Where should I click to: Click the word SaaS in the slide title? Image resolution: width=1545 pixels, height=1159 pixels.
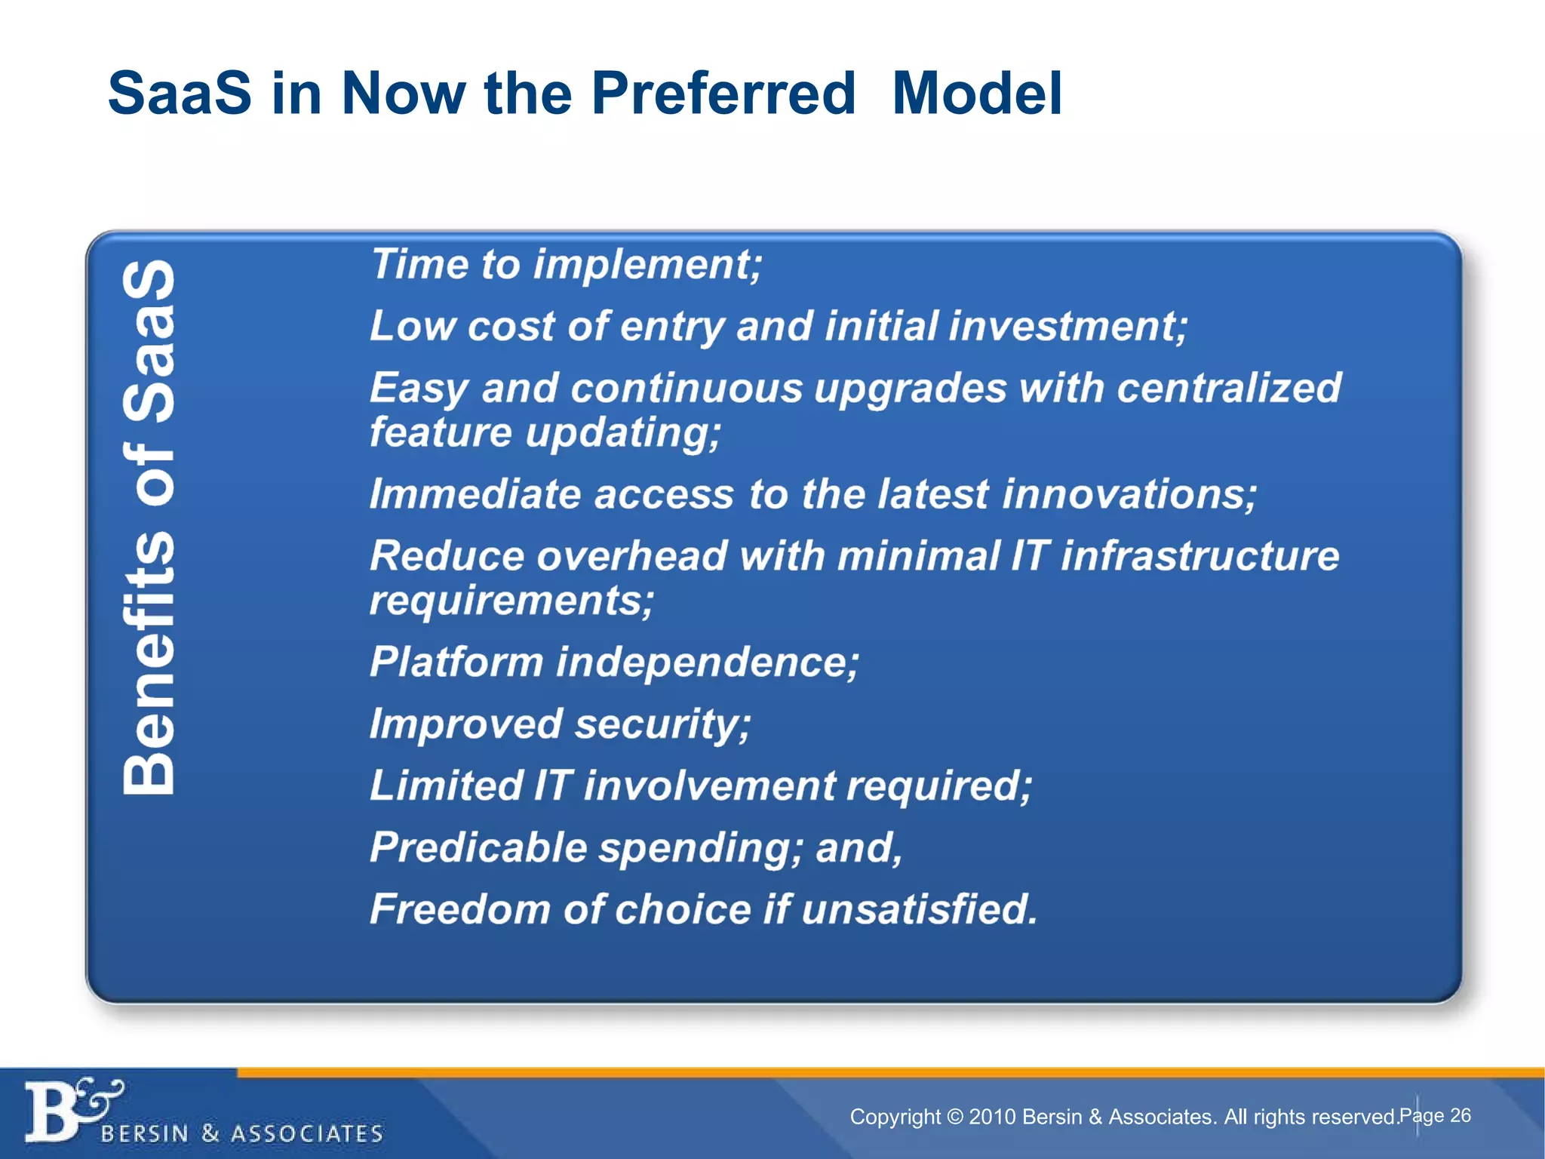179,94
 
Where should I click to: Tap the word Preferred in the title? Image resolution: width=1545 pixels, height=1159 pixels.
723,94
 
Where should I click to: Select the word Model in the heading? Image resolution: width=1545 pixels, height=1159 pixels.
976,94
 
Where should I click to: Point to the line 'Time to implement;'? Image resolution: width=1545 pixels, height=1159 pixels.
566,265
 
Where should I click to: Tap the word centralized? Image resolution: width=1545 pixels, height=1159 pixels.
1228,388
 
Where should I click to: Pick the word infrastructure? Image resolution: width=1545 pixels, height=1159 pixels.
1199,556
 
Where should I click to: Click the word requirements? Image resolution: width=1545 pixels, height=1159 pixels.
511,601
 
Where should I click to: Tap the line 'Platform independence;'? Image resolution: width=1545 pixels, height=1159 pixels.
613,663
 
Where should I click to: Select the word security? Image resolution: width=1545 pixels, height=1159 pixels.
662,724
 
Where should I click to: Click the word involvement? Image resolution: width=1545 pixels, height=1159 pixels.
709,785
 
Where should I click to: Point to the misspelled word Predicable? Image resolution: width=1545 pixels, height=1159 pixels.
478,847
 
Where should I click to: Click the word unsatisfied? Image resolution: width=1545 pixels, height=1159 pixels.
919,909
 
